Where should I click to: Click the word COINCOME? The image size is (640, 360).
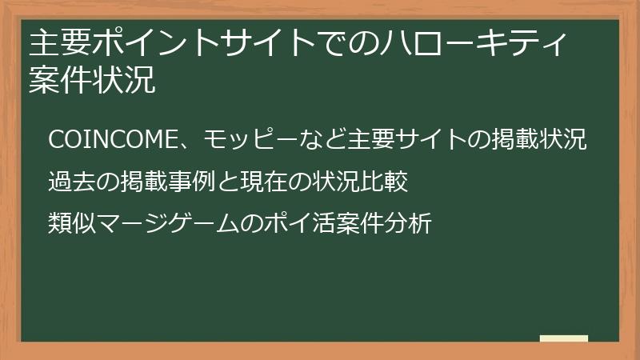(x=112, y=139)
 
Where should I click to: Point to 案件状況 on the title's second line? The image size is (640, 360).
(x=92, y=80)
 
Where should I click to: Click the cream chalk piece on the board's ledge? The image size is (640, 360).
(x=564, y=338)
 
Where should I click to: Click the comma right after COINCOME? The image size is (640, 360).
(x=185, y=145)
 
